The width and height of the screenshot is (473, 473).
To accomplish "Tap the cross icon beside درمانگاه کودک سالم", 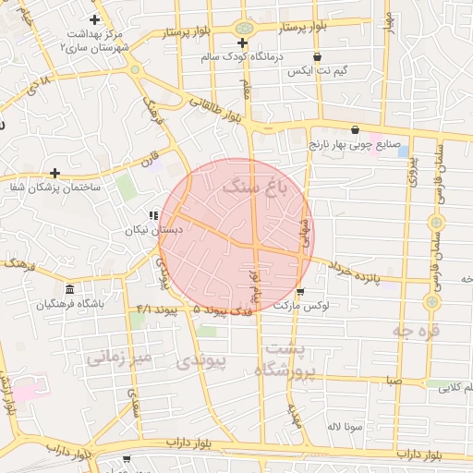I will pos(242,42).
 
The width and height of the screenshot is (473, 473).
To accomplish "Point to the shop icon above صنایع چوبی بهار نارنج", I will pos(356,129).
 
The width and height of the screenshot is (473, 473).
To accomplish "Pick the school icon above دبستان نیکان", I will pos(153,215).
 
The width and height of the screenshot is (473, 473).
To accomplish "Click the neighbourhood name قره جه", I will pos(416,329).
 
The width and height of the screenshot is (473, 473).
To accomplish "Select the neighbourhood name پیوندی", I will pos(200,363).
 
